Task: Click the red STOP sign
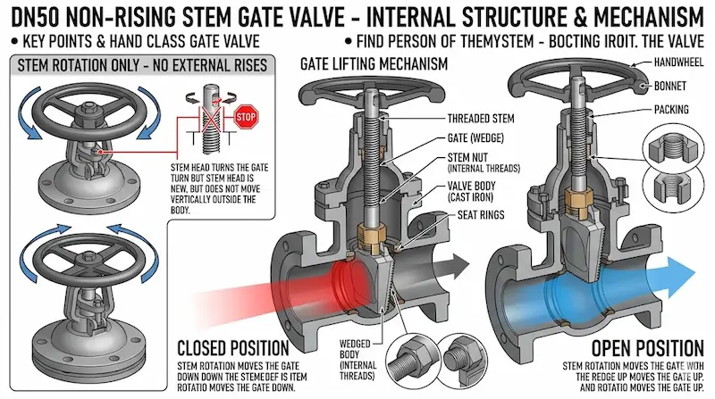tap(246, 116)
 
